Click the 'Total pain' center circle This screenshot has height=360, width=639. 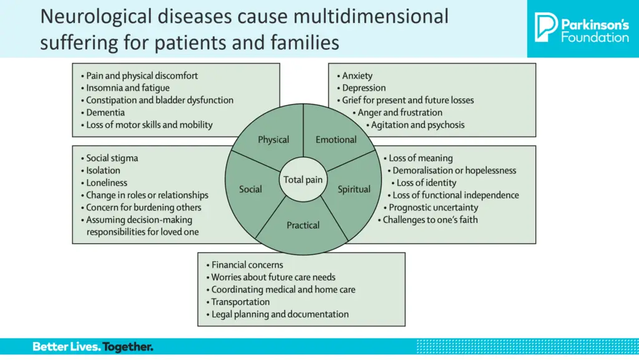[303, 180]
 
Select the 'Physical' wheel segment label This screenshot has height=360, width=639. [273, 140]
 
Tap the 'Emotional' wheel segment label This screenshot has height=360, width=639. [336, 140]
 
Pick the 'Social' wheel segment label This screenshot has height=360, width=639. [250, 189]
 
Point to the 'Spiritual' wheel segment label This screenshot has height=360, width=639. [354, 190]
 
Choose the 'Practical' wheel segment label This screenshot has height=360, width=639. [303, 225]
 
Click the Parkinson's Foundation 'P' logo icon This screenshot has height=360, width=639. [545, 27]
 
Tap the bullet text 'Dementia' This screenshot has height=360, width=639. [105, 112]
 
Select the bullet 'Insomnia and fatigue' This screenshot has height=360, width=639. [127, 88]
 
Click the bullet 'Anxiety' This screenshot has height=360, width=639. [357, 75]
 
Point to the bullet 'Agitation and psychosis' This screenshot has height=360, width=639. [417, 125]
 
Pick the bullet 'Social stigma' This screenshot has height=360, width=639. [112, 158]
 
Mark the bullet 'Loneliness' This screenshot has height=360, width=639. [106, 183]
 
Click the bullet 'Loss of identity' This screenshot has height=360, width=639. [426, 183]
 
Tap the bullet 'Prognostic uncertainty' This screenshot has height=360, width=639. [433, 208]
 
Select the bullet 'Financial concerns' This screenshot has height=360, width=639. [247, 265]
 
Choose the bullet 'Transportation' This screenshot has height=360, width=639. [240, 302]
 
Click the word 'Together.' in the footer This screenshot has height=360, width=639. [128, 347]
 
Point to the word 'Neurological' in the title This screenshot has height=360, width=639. [95, 17]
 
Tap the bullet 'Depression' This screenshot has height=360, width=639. [364, 88]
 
